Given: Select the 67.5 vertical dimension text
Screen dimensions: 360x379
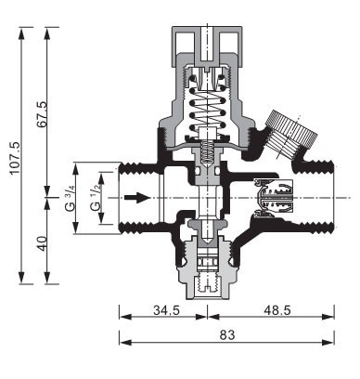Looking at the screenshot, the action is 43,114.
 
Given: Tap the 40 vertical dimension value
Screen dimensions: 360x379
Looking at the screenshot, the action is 42,243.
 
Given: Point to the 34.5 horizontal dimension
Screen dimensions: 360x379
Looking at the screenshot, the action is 166,310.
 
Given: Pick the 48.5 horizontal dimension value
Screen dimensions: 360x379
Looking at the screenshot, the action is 277,310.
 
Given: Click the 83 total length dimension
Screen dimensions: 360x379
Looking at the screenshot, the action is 227,334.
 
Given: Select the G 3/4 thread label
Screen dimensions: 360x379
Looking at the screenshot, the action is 71,199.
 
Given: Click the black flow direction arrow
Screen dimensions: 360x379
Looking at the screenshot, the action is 137,198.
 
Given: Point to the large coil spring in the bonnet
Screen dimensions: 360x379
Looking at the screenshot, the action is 207,105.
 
